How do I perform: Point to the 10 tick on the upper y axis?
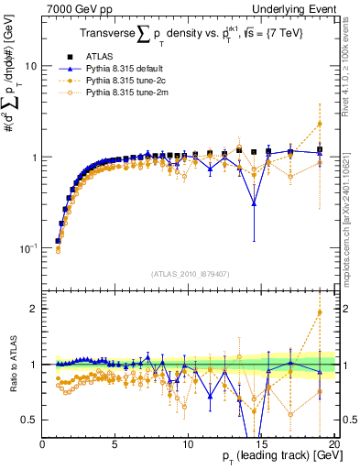pyautogui.click(x=31, y=67)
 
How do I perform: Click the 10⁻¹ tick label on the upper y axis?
pyautogui.click(x=27, y=248)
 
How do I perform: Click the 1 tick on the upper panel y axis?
pyautogui.click(x=34, y=158)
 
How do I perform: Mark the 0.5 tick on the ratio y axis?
pyautogui.click(x=30, y=420)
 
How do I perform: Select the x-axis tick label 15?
pyautogui.click(x=259, y=444)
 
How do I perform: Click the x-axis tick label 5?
pyautogui.click(x=115, y=444)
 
